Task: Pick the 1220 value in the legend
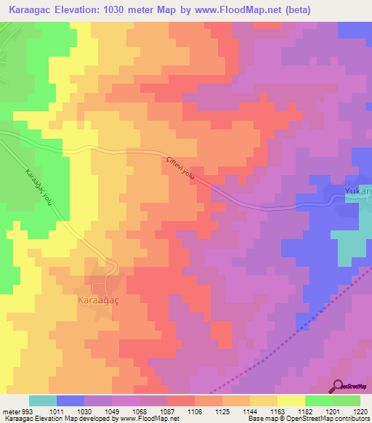[360, 411]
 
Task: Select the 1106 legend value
[195, 411]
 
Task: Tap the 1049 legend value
[112, 411]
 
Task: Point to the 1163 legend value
[277, 411]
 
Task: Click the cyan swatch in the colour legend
[43, 400]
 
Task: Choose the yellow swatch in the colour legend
[291, 400]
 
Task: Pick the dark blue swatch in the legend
[70, 400]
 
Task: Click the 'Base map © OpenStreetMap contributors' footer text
[306, 419]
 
